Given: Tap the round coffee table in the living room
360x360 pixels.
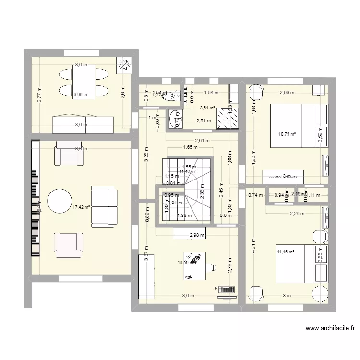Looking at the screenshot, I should pyautogui.click(x=60, y=201).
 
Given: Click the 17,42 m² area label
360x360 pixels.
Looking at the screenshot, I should pyautogui.click(x=81, y=207).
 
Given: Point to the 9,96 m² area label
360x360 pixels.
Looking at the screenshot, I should pyautogui.click(x=81, y=95).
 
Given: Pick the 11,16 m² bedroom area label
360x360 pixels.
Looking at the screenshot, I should pyautogui.click(x=285, y=251).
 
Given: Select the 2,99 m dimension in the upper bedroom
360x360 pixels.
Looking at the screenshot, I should pyautogui.click(x=287, y=92).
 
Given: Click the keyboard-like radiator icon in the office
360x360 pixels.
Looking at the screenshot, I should pyautogui.click(x=225, y=289).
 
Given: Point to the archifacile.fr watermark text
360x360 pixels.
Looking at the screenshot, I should pyautogui.click(x=330, y=329).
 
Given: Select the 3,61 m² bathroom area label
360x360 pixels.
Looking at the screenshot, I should pyautogui.click(x=207, y=108).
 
